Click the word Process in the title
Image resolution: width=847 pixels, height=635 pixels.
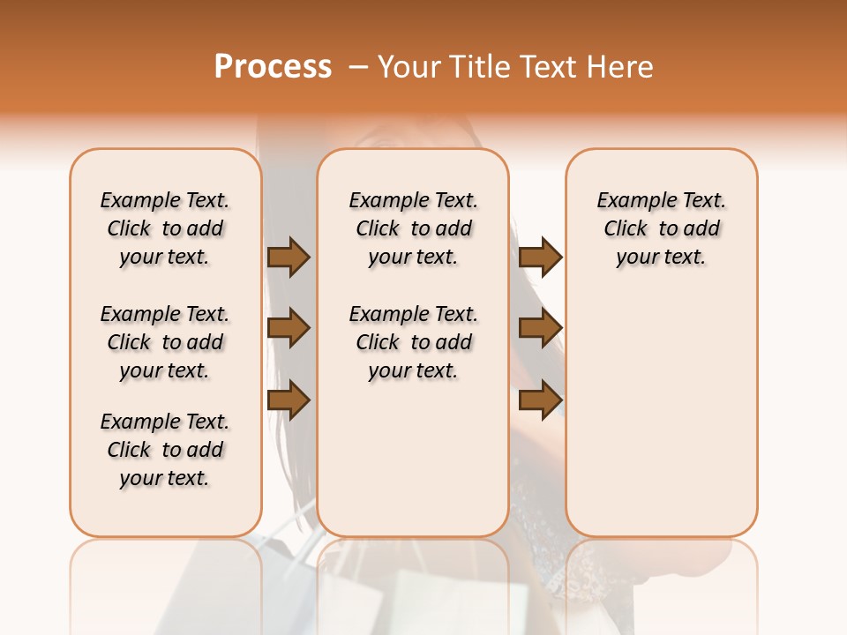273,66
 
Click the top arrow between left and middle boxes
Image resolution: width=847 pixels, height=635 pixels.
289,257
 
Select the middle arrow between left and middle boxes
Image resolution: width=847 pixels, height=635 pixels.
289,329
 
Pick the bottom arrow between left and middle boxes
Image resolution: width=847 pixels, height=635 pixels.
289,400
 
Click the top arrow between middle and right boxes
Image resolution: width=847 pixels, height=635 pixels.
540,257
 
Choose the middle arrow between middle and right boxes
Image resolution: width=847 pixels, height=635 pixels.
540,329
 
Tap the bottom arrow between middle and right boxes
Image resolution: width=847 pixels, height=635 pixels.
540,400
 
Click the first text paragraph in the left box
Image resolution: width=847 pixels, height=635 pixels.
165,228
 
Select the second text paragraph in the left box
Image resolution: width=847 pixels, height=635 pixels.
165,342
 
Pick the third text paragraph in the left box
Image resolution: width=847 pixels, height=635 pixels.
165,450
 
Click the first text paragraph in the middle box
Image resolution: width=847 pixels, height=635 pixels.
413,228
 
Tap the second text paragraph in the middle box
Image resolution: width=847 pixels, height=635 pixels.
413,342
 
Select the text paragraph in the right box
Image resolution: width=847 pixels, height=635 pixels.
661,228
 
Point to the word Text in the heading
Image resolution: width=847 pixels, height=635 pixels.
555,66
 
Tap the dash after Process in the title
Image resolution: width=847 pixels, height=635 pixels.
358,66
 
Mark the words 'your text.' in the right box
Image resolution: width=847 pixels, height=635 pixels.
661,258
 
